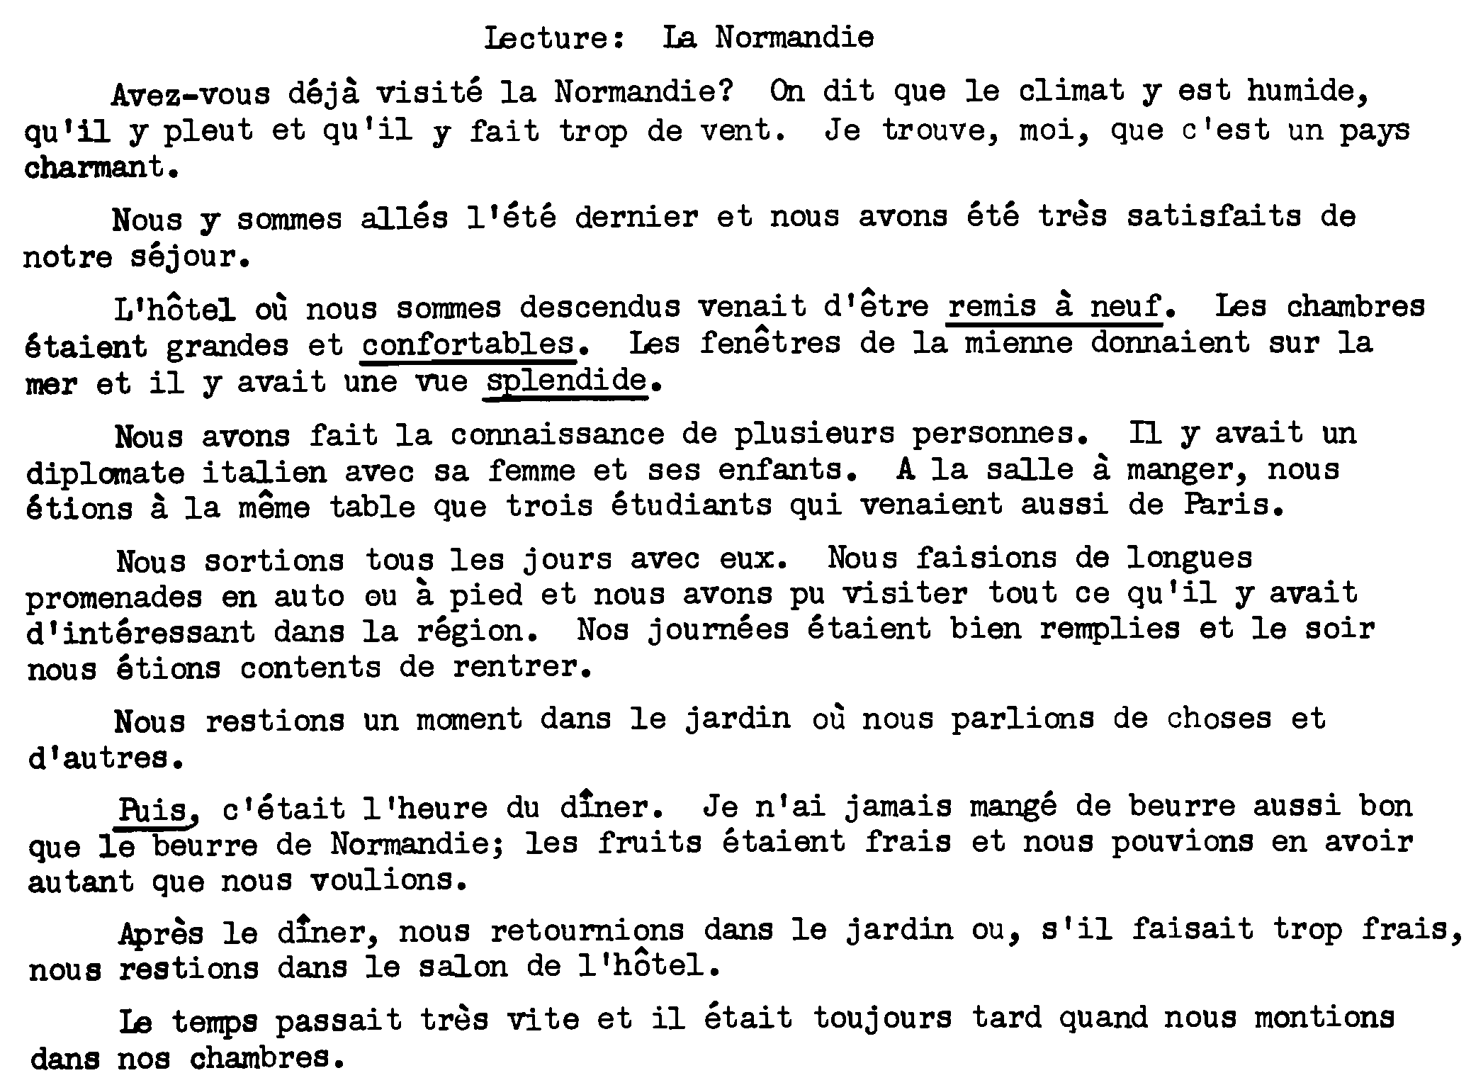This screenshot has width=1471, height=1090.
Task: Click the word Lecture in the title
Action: point(553,38)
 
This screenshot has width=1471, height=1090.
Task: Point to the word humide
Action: point(1307,91)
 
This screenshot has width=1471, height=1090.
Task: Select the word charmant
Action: point(99,169)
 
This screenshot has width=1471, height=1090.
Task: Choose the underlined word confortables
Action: point(468,344)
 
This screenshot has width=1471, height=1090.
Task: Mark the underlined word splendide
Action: point(566,382)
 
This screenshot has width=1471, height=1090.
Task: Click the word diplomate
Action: point(106,472)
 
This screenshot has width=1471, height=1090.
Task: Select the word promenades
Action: point(114,597)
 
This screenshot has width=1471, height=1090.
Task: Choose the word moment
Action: point(469,720)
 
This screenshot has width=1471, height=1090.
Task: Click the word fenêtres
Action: point(770,344)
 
